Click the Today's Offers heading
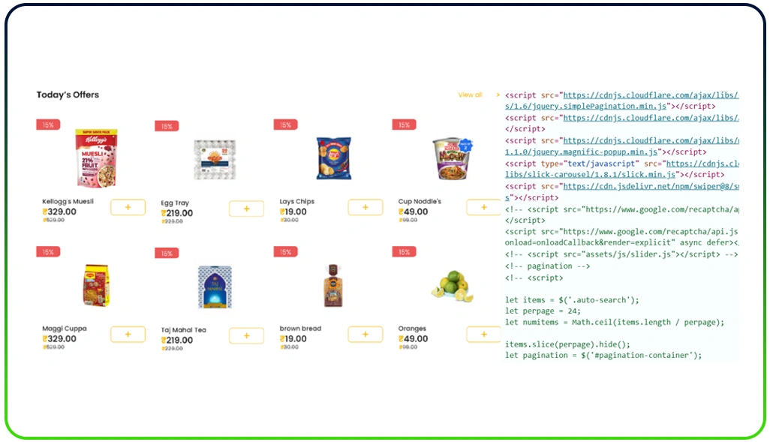point(68,95)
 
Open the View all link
point(470,95)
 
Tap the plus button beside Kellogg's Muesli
point(128,207)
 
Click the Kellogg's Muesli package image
point(96,158)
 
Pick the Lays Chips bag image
point(333,158)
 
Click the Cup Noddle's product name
point(420,202)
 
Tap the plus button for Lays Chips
point(365,207)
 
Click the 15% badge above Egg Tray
point(167,126)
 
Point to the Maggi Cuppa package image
point(96,286)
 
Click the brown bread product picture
point(332,286)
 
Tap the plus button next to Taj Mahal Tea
point(246,335)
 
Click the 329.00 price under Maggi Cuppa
point(59,339)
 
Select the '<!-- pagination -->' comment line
point(547,266)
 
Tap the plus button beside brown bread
point(365,335)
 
